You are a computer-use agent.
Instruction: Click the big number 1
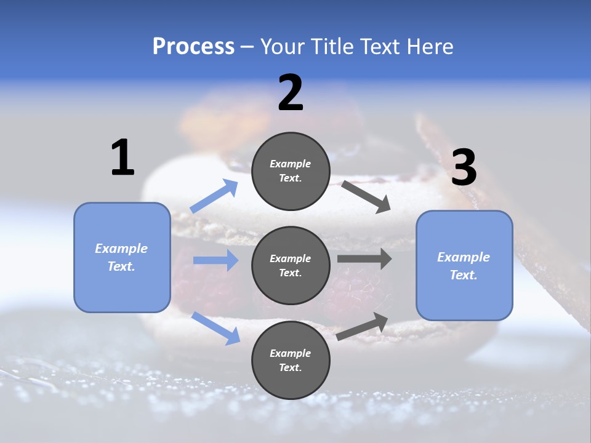[123, 158]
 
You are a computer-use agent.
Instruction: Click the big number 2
[291, 93]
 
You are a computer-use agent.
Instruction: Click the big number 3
[464, 168]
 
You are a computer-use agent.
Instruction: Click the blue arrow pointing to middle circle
[216, 260]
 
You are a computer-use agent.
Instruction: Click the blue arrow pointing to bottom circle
[216, 327]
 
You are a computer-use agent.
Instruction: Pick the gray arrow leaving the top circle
[366, 196]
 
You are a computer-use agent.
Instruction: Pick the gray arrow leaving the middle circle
[364, 258]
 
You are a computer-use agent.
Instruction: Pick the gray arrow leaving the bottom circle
[363, 326]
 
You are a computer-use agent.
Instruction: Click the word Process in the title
[193, 47]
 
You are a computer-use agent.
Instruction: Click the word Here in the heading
[428, 47]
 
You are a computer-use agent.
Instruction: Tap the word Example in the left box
[121, 249]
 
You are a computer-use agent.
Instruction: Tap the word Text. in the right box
[464, 275]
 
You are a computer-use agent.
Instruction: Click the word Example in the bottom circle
[291, 353]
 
